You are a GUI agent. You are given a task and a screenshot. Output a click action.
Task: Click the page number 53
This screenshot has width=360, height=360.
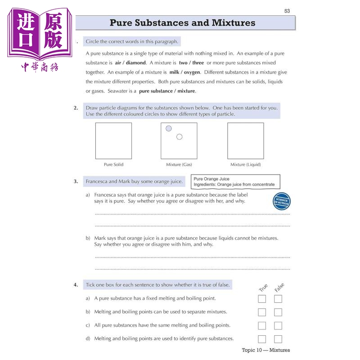[287, 11]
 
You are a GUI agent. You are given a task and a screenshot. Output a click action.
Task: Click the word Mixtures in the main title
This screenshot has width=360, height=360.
[234, 23]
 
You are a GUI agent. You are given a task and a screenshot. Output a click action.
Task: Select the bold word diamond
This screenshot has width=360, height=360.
[136, 63]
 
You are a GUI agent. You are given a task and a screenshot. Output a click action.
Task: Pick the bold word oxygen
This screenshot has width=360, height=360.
[192, 72]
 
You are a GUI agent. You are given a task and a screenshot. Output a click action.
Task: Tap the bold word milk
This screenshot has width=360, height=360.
[174, 72]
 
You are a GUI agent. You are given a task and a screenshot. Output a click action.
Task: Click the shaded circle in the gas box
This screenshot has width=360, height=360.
[168, 128]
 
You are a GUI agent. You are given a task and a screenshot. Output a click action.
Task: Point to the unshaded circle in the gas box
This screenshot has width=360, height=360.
[179, 137]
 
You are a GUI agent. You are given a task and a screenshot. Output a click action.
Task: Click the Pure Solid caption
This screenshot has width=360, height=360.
[114, 164]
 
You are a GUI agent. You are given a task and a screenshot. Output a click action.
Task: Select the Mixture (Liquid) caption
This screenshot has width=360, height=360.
[246, 164]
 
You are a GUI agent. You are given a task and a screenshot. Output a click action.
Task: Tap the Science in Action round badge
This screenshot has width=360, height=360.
[282, 201]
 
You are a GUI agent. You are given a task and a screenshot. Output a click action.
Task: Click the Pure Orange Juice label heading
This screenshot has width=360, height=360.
[211, 179]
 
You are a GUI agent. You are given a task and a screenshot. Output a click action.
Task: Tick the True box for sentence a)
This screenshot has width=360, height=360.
[262, 299]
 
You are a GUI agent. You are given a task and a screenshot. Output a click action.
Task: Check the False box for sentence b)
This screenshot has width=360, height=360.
[278, 312]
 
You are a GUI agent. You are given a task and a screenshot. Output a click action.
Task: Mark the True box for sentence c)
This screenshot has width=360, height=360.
[262, 325]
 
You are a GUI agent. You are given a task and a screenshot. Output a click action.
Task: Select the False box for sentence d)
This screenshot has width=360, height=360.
[278, 339]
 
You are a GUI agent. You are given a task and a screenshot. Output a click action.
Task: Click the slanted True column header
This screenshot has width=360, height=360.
[263, 288]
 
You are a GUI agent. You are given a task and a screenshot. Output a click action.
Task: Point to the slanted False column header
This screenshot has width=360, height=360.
[279, 287]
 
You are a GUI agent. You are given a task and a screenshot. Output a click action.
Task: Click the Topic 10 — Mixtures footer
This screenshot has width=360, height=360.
[265, 350]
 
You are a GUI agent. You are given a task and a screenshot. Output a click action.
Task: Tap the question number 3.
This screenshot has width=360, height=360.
[76, 181]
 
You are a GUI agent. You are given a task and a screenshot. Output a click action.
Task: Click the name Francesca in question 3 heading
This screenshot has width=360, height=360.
[97, 181]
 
